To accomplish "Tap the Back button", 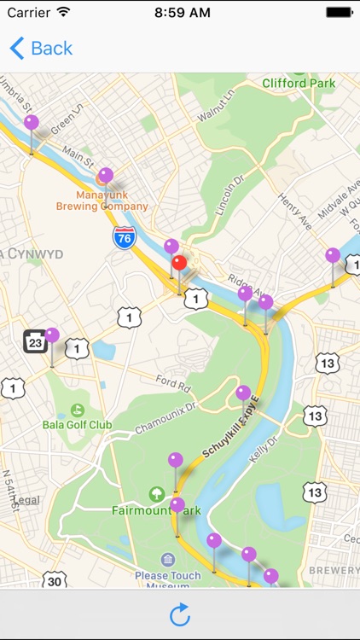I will [x=41, y=49].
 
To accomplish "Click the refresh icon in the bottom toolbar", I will [x=180, y=614].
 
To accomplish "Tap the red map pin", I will [x=179, y=263].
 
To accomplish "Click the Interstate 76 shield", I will [x=124, y=238].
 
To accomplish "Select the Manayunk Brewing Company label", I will [x=102, y=200].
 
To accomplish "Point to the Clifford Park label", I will [x=299, y=84].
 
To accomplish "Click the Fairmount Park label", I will [x=156, y=510].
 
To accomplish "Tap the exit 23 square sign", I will [x=34, y=343].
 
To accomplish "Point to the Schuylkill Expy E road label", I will [x=230, y=435].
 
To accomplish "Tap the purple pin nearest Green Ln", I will [x=32, y=123].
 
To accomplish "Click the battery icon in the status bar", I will [x=339, y=13].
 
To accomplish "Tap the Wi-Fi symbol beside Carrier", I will [x=63, y=13].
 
